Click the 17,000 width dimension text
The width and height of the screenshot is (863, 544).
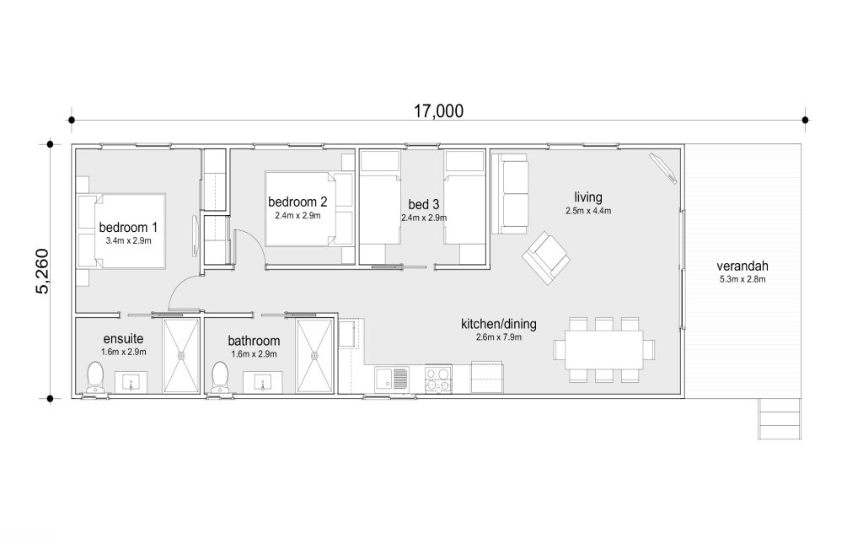438,111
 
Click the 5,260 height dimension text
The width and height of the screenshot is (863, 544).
42,272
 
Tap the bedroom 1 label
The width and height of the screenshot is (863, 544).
128,227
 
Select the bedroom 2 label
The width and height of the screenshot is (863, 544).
297,202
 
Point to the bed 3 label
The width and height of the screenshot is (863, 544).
424,205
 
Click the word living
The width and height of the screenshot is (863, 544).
588,197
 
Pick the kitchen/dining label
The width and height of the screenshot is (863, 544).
499,324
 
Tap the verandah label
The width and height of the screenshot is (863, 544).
742,266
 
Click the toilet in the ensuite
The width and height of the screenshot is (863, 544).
95,377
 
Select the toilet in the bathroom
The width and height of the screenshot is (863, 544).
220,377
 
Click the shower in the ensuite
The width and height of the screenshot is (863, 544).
181,356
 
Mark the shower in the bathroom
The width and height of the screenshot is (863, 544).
315,356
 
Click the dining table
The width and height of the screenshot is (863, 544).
604,350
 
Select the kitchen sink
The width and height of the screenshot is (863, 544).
391,379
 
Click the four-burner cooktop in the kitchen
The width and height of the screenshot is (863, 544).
438,379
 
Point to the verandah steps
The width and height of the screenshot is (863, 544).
780,418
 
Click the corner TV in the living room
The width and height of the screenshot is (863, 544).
663,167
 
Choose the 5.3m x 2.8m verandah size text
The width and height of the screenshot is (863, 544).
742,279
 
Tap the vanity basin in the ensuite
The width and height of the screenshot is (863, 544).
131,382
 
